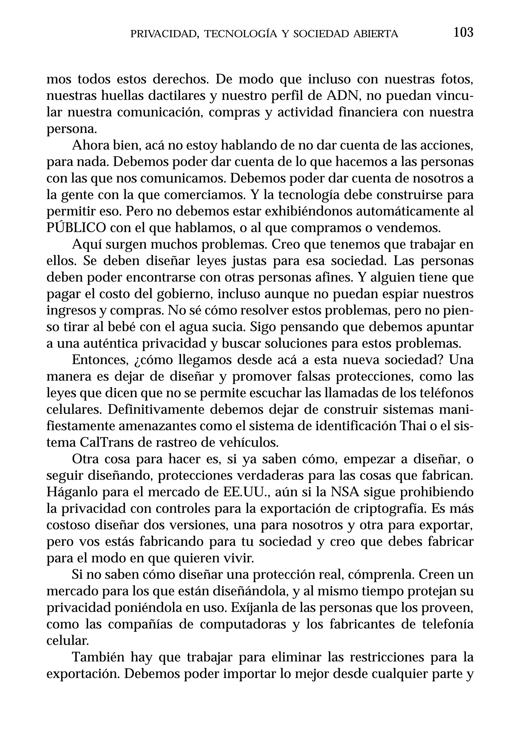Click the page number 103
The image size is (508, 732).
click(463, 33)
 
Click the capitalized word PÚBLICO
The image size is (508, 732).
click(76, 228)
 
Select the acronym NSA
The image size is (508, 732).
click(345, 492)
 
